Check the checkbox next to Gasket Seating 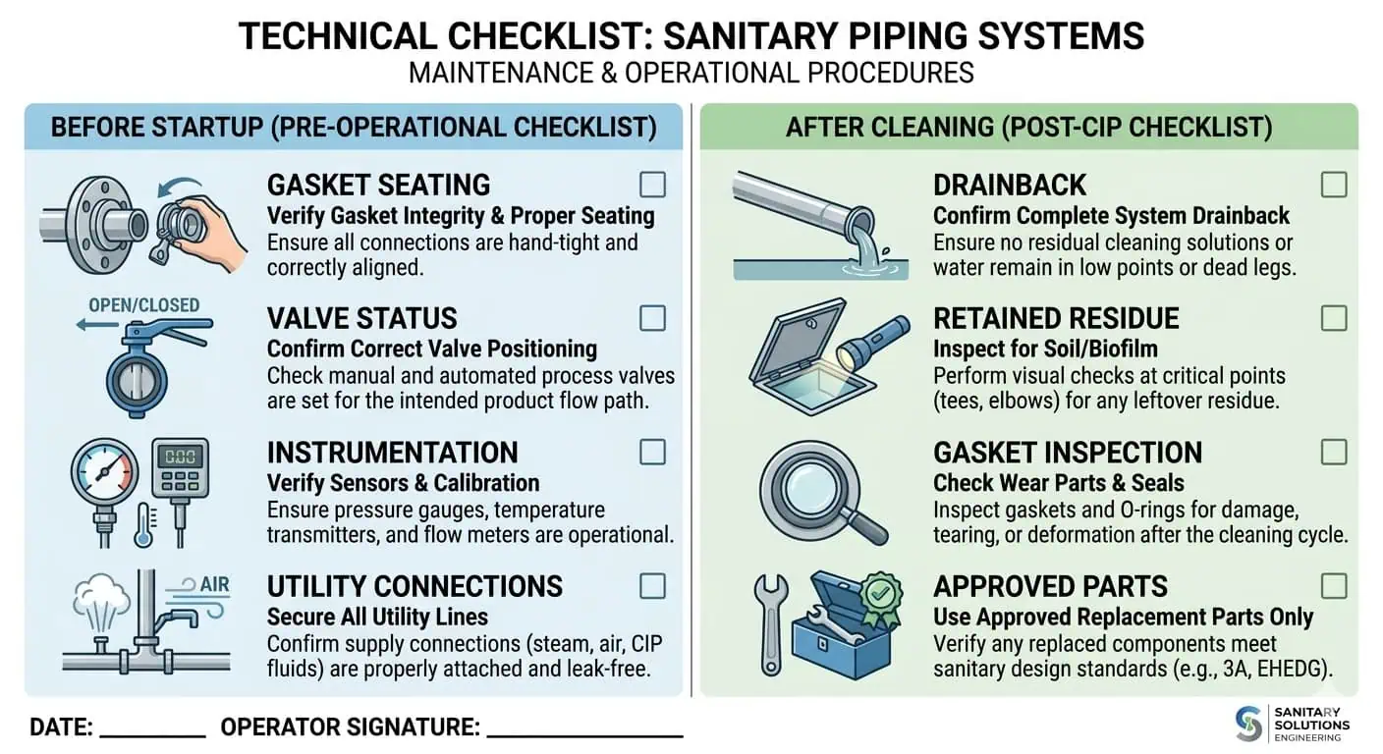(x=652, y=185)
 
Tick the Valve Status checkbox (x=652, y=318)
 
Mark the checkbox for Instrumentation (x=652, y=452)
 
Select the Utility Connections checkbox (x=652, y=586)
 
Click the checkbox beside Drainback (x=1333, y=185)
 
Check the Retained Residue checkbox (x=1333, y=318)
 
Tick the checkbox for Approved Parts (x=1333, y=586)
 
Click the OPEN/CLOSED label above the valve (x=143, y=304)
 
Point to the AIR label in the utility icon (x=214, y=586)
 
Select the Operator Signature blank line (x=584, y=734)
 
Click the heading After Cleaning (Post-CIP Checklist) (x=1028, y=127)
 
